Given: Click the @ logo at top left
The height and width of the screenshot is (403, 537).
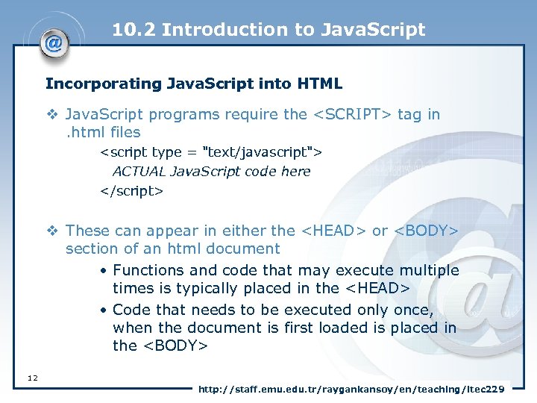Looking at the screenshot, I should (54, 43).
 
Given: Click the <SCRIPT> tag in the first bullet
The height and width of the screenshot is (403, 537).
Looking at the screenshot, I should (351, 114).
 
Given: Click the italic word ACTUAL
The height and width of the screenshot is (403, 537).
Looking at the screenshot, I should (139, 171).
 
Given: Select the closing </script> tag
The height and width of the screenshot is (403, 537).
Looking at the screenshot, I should (132, 190).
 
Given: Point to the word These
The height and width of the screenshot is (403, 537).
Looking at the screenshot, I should (87, 231).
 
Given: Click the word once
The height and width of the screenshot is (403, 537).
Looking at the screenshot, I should (412, 309).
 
